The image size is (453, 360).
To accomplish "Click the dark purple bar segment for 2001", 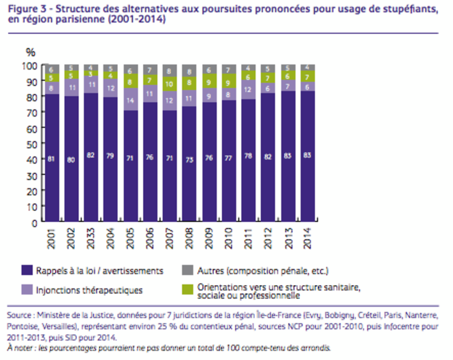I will [52, 159].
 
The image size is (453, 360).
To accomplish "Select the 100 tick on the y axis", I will [29, 66].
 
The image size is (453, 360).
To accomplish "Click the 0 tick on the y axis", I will [33, 223].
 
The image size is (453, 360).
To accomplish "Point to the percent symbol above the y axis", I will [30, 52].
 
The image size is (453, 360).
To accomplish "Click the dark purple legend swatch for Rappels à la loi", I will [27, 270].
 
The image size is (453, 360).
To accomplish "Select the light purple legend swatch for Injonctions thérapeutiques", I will [27, 290].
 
